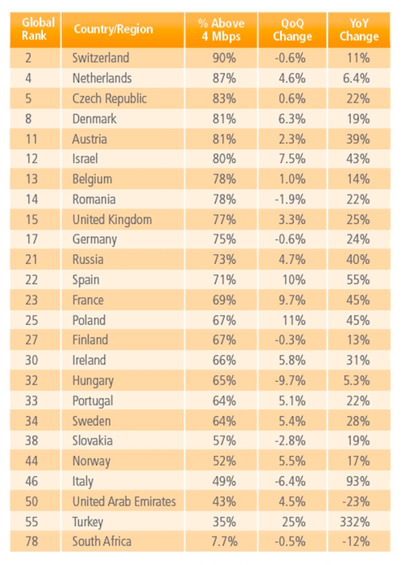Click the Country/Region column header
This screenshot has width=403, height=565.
point(113,29)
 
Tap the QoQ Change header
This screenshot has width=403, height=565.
point(292,30)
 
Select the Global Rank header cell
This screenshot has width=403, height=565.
point(38,28)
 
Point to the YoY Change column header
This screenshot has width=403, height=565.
point(359,30)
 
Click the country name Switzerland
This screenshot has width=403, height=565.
point(101,58)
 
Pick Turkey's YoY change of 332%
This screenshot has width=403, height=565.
point(355,522)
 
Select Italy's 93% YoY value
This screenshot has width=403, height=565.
point(358,481)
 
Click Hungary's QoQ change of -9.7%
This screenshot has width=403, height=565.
point(290,380)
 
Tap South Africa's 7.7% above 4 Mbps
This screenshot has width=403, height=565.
point(224,541)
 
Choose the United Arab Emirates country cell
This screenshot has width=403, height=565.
point(124,501)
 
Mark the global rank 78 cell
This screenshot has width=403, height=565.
point(32,541)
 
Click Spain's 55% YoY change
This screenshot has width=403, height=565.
point(358,279)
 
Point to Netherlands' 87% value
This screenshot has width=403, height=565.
point(224,78)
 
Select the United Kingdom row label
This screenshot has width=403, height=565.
point(112,220)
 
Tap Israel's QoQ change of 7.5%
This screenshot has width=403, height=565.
point(292,159)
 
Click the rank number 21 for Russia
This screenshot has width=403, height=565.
point(32,260)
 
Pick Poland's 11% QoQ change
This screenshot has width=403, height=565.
point(294,320)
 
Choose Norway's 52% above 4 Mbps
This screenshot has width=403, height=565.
point(224,461)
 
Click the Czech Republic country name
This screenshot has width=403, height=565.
point(110,99)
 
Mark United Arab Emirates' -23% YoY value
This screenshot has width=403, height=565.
point(356,501)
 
